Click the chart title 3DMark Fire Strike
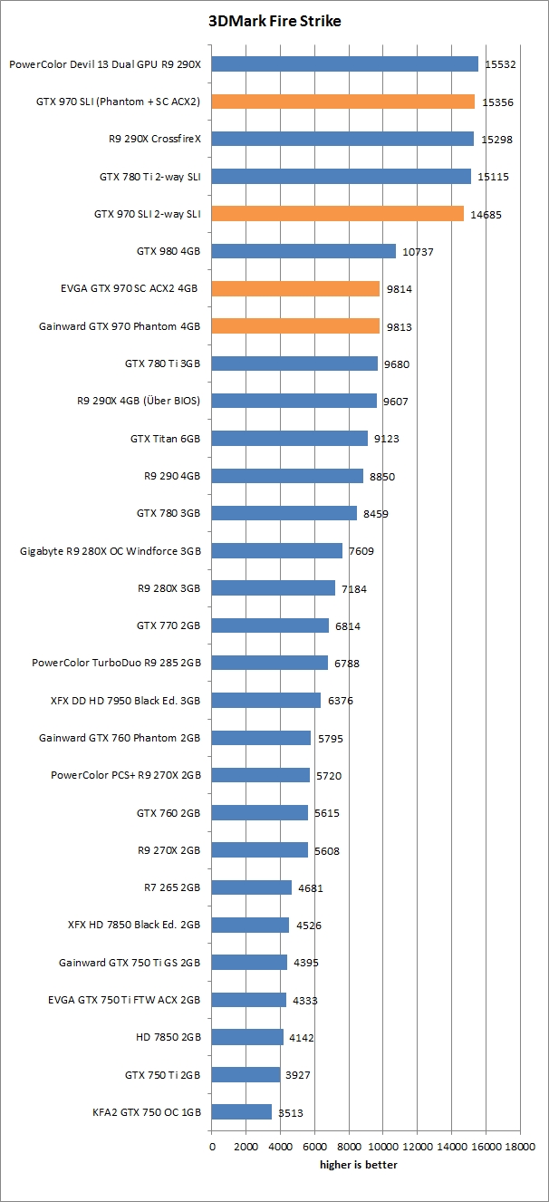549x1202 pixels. (274, 21)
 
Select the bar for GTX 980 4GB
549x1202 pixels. (303, 251)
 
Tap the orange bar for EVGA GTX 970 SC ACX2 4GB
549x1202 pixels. (295, 288)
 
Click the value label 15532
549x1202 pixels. (499, 64)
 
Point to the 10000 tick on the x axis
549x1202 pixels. (383, 1146)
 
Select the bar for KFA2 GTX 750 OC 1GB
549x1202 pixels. (242, 1111)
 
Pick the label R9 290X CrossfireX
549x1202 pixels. (154, 140)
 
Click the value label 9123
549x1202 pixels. (384, 439)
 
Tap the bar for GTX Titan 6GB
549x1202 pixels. (290, 439)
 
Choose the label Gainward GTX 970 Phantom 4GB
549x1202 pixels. (120, 326)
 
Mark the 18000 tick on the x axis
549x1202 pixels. (519, 1146)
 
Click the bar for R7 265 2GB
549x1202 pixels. (252, 887)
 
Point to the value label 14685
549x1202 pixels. (486, 215)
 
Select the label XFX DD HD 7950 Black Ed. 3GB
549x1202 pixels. (126, 701)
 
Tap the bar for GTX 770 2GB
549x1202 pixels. (270, 625)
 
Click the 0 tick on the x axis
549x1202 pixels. (212, 1146)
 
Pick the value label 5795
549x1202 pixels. (329, 739)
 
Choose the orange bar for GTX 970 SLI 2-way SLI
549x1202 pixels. (338, 214)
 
